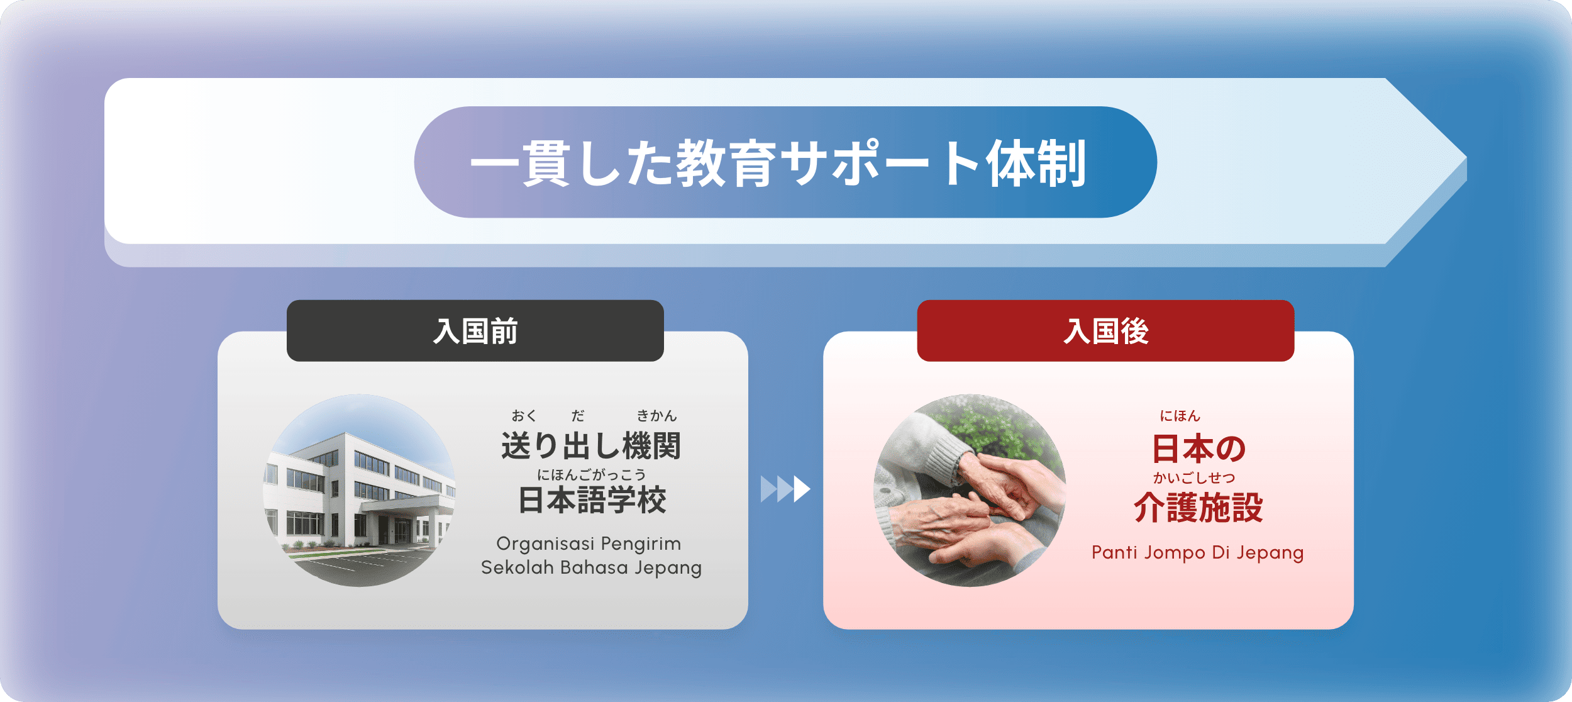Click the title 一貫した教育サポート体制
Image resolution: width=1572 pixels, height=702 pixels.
coord(778,164)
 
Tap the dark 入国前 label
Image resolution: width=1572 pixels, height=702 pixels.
coord(475,331)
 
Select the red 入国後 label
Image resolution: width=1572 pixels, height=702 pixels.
coord(1105,331)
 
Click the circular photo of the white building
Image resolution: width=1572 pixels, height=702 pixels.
coord(359,491)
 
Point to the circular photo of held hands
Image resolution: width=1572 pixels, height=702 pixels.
coord(970,491)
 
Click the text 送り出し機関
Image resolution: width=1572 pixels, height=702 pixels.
coord(591,446)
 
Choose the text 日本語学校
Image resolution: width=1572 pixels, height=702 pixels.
coord(592,501)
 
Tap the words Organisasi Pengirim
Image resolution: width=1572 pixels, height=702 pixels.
coord(589,543)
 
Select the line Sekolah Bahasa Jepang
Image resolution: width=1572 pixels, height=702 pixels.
coord(591,567)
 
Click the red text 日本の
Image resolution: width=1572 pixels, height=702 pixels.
coord(1198,449)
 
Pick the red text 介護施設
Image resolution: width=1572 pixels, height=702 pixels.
coord(1198,508)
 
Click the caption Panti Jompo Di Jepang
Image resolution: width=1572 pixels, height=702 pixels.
coord(1198,552)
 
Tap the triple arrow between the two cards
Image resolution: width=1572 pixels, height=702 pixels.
coord(785,489)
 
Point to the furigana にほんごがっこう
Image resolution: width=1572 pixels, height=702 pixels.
coord(591,475)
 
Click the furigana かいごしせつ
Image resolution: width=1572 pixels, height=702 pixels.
coord(1194,478)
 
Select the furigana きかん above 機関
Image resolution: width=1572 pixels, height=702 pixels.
coord(656,416)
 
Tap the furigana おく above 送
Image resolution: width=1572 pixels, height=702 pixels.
coord(524,416)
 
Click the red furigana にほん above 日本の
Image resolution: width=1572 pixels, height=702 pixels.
coord(1180,416)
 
